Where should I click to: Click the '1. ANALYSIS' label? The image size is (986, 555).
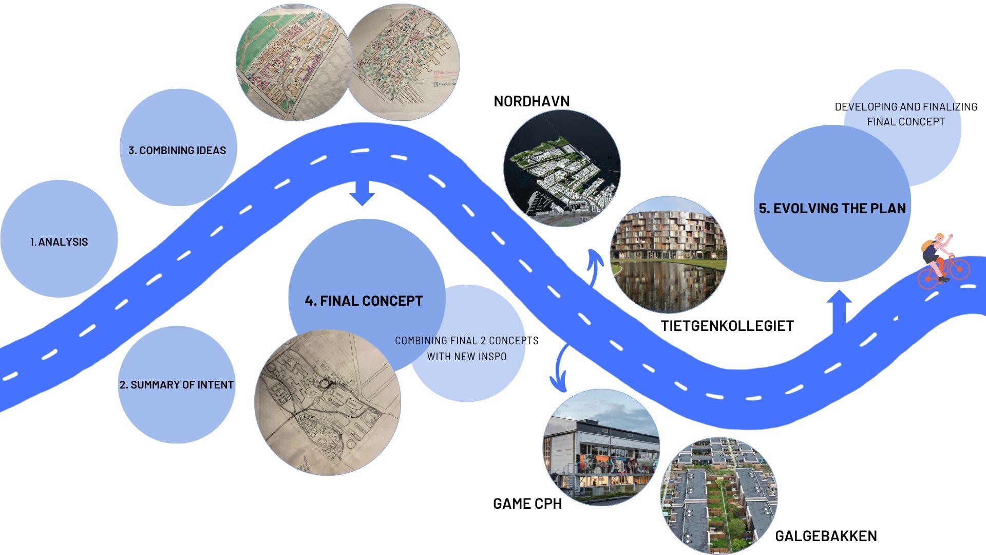pos(59,242)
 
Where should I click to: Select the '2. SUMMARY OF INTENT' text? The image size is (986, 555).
pos(176,384)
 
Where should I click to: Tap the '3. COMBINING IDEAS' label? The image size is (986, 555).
pos(177,150)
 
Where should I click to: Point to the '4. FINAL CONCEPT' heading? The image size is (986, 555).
pos(364,301)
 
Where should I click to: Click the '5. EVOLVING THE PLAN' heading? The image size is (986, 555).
pos(832,208)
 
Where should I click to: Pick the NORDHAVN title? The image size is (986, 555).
pos(532,101)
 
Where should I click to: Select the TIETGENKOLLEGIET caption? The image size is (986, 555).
pos(727,326)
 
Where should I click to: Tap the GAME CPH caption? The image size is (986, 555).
pos(527,504)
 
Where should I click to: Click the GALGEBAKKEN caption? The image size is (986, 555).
pos(825,536)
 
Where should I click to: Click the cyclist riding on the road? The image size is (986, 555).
pos(943,260)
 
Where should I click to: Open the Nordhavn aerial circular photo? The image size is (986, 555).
pos(562,169)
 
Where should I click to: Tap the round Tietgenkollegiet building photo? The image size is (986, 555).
pos(668,254)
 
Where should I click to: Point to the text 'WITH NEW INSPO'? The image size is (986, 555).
pos(466,356)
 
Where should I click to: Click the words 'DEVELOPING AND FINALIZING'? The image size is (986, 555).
pos(905,107)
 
